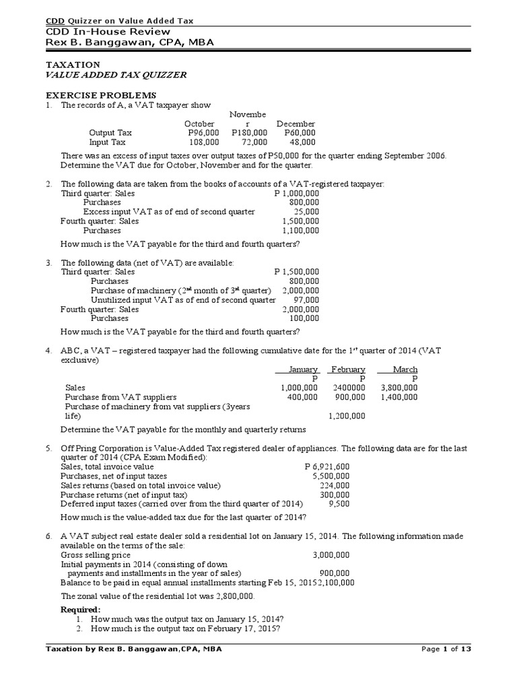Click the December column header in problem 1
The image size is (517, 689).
pyautogui.click(x=296, y=124)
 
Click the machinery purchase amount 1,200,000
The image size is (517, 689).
pyautogui.click(x=347, y=416)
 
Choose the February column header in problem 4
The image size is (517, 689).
pyautogui.click(x=347, y=369)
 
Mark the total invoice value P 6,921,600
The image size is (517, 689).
pyautogui.click(x=326, y=467)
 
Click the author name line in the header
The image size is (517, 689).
pyautogui.click(x=107, y=44)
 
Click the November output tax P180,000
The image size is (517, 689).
pyautogui.click(x=249, y=133)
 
